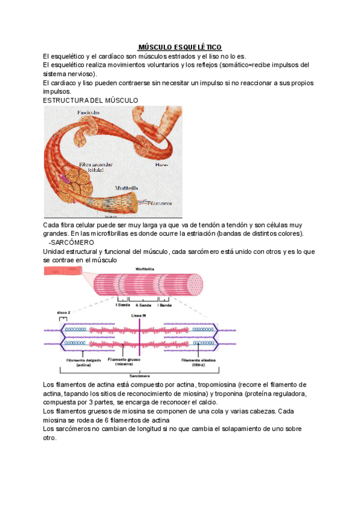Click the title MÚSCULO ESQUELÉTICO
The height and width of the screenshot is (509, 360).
(179, 47)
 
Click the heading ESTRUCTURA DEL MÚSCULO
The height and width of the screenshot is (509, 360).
(91, 100)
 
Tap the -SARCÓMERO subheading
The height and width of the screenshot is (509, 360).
(67, 242)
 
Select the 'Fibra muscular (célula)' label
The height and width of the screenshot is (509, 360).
(95, 167)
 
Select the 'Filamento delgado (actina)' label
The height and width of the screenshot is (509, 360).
(79, 362)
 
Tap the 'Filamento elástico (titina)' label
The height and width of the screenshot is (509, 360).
(199, 362)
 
